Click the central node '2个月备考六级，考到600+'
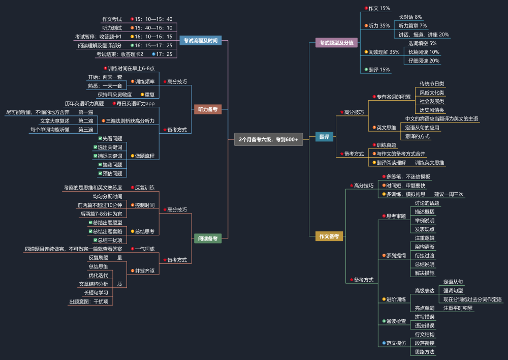(268, 139)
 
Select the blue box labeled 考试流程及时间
(201, 41)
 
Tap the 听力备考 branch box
(208, 109)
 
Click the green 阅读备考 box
(208, 238)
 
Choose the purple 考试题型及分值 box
(336, 43)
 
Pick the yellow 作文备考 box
(329, 236)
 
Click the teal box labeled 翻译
(324, 137)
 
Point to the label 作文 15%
(379, 9)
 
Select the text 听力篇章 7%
(412, 25)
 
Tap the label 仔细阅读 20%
(424, 61)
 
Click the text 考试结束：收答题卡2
(120, 54)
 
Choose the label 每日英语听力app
(136, 103)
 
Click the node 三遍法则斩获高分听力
(130, 121)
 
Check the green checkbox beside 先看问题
(100, 138)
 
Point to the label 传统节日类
(432, 84)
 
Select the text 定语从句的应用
(422, 128)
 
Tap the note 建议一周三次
(449, 194)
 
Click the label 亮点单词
(424, 308)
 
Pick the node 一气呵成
(144, 249)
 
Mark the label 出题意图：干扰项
(89, 302)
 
